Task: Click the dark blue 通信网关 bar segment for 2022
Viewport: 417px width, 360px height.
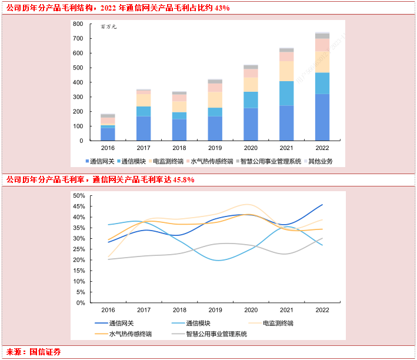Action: coord(322,117)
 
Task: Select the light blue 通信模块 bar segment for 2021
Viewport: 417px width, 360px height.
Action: coord(286,93)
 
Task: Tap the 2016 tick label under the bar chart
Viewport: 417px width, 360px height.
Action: coord(108,148)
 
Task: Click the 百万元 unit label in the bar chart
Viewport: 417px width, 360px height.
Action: coord(109,28)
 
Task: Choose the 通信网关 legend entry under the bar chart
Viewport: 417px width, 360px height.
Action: coord(99,161)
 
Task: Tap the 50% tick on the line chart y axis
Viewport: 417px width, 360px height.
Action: coord(78,195)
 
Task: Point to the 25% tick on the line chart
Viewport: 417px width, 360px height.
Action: coord(78,249)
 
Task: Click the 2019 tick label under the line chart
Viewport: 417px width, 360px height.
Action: coord(215,310)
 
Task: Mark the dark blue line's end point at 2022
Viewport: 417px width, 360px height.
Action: coord(322,205)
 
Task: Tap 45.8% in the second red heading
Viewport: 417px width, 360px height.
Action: coord(182,179)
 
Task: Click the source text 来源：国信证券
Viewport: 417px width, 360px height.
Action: coord(34,352)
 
